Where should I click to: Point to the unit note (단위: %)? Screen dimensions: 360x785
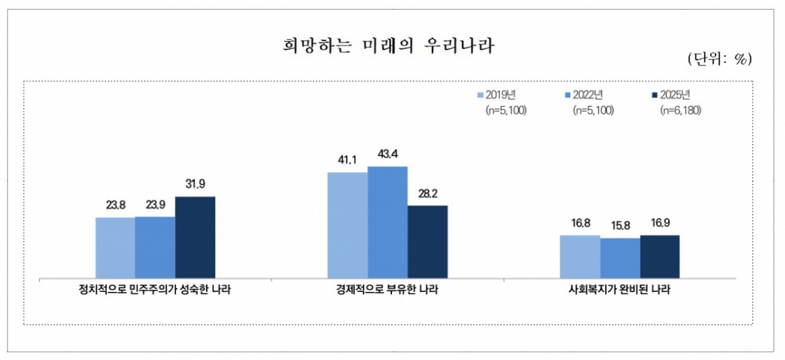click(720, 59)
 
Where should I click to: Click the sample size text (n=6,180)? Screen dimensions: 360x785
click(681, 110)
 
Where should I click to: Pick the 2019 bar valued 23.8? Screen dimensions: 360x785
click(115, 247)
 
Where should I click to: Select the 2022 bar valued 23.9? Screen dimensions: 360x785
click(155, 247)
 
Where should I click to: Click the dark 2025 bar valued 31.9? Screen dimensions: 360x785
click(195, 237)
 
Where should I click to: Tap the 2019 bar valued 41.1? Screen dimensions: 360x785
click(347, 225)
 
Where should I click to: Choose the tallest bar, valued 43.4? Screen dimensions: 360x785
click(387, 222)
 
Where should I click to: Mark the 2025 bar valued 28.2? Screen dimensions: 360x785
click(427, 242)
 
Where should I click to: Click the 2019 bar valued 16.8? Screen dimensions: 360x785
click(580, 257)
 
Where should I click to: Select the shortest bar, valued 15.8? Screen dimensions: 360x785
click(619, 258)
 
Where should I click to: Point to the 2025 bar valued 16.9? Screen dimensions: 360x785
click(659, 257)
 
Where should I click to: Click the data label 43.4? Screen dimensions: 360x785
click(387, 155)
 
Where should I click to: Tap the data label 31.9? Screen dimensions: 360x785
click(195, 185)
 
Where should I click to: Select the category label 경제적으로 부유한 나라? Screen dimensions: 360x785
click(387, 290)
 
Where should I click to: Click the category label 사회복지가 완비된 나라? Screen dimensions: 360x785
click(619, 290)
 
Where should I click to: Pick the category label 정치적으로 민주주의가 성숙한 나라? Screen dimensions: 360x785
click(155, 290)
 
